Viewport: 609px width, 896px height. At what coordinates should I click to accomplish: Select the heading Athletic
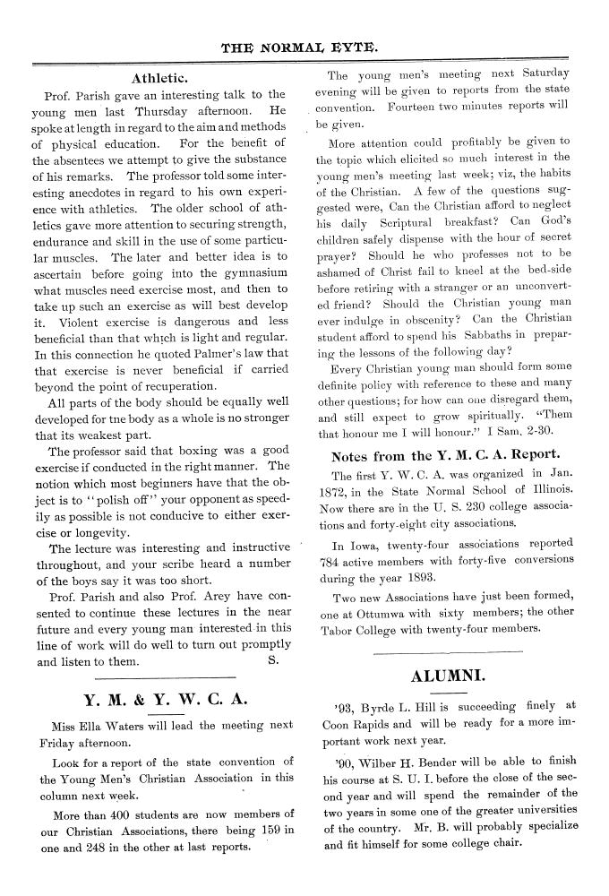point(160,77)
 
